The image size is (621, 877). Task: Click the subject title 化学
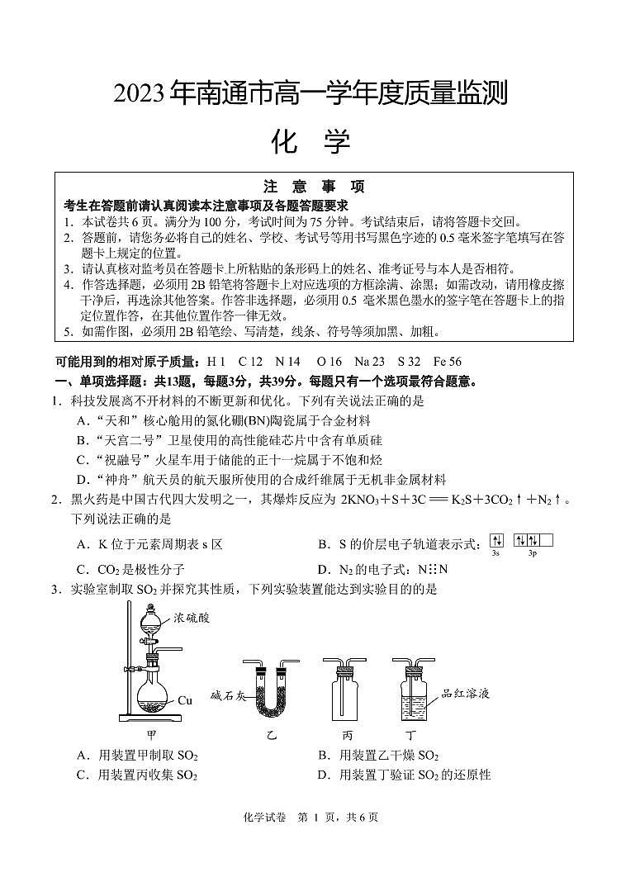coord(310,142)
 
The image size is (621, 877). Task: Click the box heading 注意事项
coord(313,186)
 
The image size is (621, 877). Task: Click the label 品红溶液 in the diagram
coord(467,694)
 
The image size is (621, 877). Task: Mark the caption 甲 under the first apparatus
coord(151,732)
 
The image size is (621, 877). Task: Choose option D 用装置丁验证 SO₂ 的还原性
coord(404,775)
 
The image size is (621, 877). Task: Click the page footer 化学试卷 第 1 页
coord(310,818)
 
